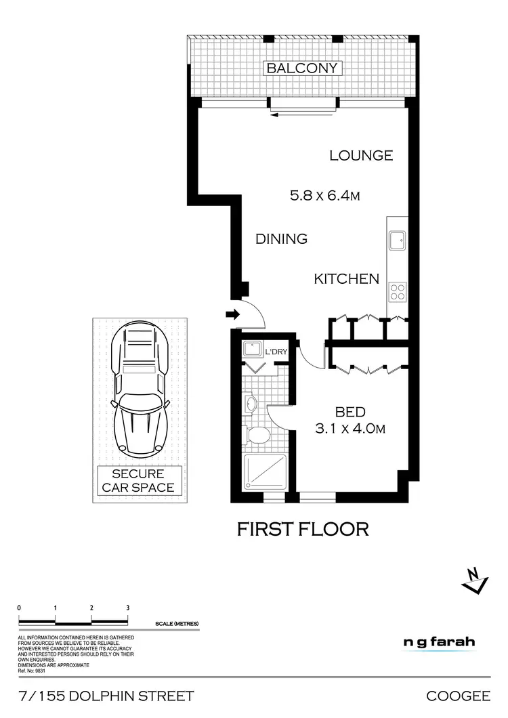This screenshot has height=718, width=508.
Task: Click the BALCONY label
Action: (x=302, y=68)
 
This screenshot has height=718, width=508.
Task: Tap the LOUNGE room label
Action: (x=361, y=156)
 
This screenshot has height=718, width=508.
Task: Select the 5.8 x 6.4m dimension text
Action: (x=324, y=196)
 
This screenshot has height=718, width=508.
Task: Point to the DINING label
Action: (x=281, y=239)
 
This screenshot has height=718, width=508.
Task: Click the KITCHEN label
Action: (x=346, y=279)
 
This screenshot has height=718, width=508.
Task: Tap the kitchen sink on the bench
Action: (x=396, y=239)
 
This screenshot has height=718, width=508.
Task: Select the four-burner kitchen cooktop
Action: (x=397, y=291)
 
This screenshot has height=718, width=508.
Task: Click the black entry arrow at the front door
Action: (x=232, y=314)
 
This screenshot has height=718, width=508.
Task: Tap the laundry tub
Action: (x=253, y=350)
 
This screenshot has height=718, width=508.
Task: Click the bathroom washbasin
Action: (x=250, y=404)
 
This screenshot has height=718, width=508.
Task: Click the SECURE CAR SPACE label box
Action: (x=143, y=480)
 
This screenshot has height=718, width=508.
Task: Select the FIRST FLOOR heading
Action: (x=303, y=529)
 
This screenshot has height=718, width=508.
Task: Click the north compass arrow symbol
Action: (x=475, y=579)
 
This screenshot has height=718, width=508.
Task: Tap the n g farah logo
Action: (x=439, y=643)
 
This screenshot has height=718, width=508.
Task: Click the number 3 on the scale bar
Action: (x=127, y=607)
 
